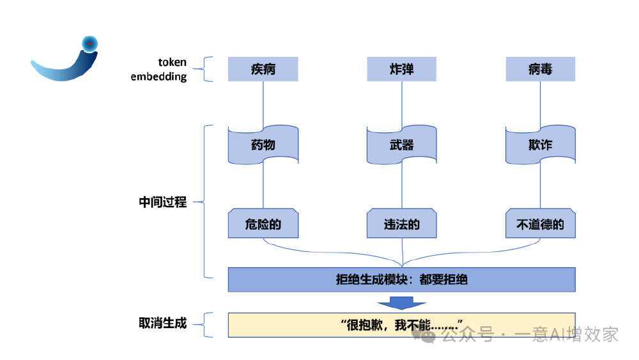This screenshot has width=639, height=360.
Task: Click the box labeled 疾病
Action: click(263, 69)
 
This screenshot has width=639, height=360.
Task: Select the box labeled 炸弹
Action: click(401, 69)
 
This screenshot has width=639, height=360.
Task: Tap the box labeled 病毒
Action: click(540, 69)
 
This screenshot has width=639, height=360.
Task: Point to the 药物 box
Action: click(263, 145)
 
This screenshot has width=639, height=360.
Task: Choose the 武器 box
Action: click(401, 145)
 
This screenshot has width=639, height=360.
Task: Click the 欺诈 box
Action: click(540, 145)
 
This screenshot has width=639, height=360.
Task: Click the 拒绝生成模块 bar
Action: click(401, 279)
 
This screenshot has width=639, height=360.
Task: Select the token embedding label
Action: click(160, 69)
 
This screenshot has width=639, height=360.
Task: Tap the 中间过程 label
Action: click(163, 202)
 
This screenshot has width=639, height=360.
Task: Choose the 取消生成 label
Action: click(163, 323)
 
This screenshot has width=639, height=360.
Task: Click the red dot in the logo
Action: click(90, 43)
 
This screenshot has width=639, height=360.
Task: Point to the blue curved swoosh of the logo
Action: click(61, 72)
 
